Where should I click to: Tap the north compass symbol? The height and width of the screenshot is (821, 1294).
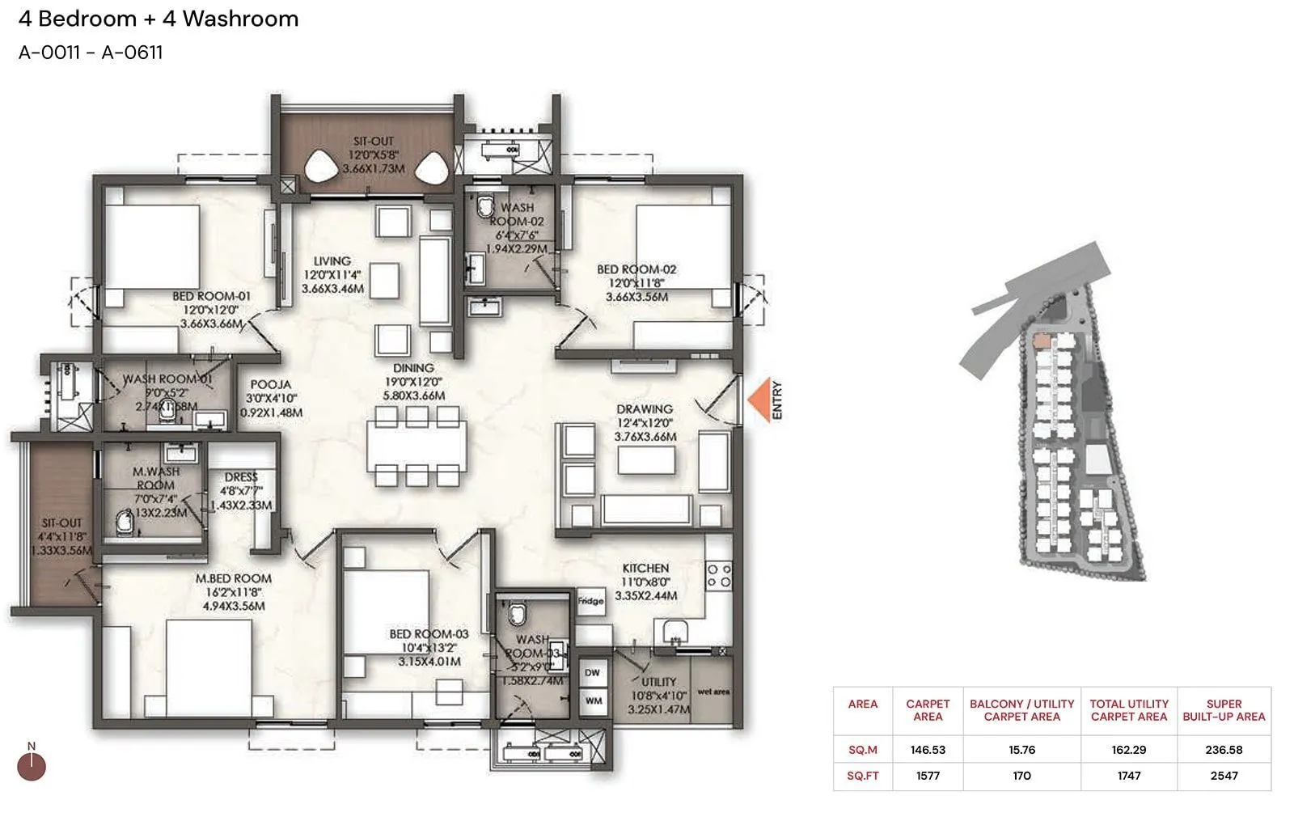[32, 766]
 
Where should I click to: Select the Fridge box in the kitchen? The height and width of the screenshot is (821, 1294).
[590, 601]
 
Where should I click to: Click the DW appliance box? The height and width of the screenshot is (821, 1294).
[593, 673]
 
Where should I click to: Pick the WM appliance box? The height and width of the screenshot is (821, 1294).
[593, 700]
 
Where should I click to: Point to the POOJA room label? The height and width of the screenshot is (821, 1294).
[271, 385]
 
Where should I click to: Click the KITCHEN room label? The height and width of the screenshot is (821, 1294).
[645, 568]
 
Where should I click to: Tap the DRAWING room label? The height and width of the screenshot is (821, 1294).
[645, 409]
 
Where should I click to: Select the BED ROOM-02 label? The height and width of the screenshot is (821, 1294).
[636, 269]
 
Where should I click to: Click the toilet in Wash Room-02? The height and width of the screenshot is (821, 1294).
[486, 205]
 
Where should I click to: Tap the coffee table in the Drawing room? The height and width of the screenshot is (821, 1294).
[646, 460]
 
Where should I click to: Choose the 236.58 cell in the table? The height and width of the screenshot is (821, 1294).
[1224, 750]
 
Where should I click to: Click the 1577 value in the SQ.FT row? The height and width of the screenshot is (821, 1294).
[928, 776]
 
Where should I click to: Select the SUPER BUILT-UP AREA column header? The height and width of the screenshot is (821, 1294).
[1224, 710]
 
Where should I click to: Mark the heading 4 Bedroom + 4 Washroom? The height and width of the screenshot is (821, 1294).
[159, 19]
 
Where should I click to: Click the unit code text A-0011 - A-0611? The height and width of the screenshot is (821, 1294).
[91, 53]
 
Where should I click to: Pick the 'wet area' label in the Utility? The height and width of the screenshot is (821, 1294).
[713, 692]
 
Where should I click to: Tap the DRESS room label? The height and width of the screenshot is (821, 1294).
[241, 477]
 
